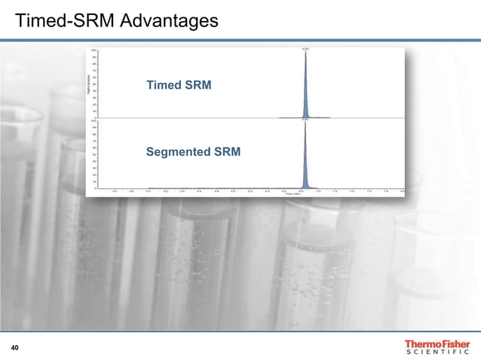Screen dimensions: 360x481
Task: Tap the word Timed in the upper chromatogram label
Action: tap(164, 85)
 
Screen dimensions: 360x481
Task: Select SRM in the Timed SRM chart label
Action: tap(198, 85)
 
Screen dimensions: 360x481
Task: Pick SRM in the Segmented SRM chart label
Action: tap(227, 152)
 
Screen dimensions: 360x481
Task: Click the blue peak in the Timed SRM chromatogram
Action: tap(305, 90)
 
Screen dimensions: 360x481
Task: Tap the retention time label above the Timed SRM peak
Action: tap(305, 50)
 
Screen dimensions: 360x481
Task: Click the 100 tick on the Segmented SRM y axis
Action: tap(93, 121)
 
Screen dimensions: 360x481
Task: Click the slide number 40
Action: tap(15, 347)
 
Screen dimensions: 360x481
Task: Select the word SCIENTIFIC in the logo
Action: tap(437, 353)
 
